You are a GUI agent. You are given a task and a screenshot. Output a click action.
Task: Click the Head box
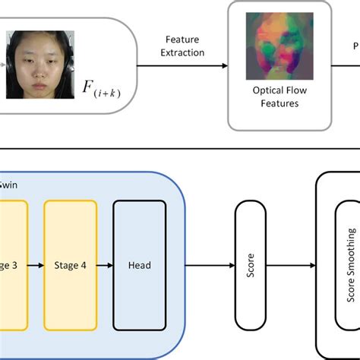140,265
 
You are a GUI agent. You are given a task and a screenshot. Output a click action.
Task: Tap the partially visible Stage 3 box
12,265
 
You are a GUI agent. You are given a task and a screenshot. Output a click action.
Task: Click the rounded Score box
251,265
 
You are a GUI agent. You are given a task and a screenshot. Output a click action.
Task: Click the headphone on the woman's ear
8,65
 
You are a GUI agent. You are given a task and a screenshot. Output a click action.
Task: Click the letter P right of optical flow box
354,45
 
